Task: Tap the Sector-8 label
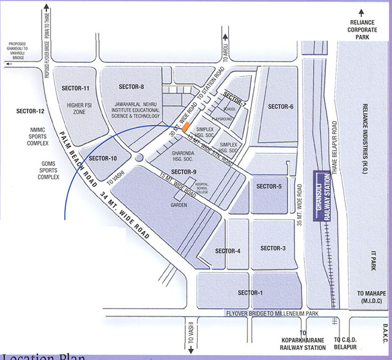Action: coord(131,86)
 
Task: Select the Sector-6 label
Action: coord(280,107)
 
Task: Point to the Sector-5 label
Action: coord(269,186)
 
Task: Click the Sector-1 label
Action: coord(250,293)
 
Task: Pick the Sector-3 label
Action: coord(273,248)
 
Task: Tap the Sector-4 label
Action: coord(227,251)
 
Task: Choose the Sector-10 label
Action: coord(102,159)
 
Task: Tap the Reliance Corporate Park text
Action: coord(363,28)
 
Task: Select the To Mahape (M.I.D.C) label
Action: coord(372,297)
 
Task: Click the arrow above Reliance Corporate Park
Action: coord(363,11)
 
